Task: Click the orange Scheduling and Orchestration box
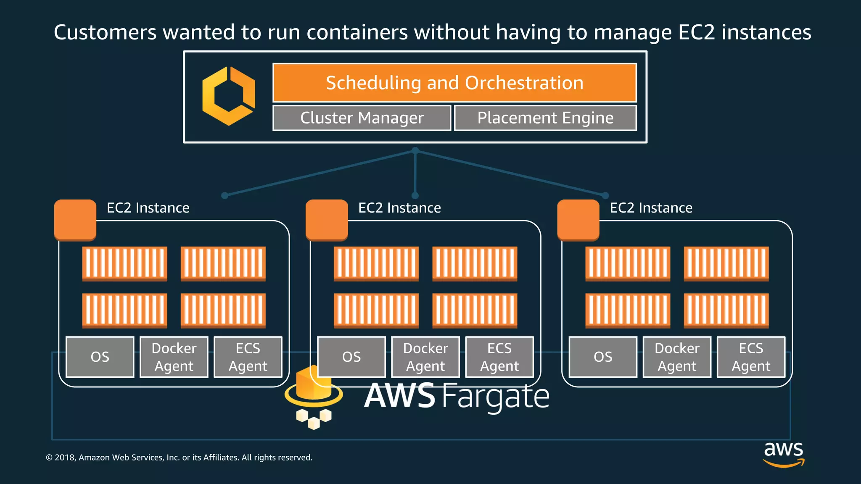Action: tap(454, 83)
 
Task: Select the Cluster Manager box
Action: tap(362, 118)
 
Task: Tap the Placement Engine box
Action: tap(545, 118)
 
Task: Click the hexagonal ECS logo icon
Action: tap(229, 96)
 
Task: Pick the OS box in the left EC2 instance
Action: tap(100, 357)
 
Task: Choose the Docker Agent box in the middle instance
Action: tap(425, 357)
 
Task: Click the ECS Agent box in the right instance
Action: tap(751, 357)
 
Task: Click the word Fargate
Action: tap(496, 397)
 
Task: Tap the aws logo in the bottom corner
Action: tap(784, 454)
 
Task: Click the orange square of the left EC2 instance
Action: tap(75, 220)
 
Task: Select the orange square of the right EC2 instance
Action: tap(578, 220)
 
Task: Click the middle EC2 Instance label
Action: tap(399, 208)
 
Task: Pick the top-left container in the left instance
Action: tap(124, 263)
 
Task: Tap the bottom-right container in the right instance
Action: tap(726, 310)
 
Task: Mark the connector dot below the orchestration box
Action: tap(415, 150)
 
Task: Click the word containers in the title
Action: tap(357, 32)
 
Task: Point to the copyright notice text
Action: tap(179, 458)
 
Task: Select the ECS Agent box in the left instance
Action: tap(248, 357)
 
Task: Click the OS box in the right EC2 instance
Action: tap(603, 357)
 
